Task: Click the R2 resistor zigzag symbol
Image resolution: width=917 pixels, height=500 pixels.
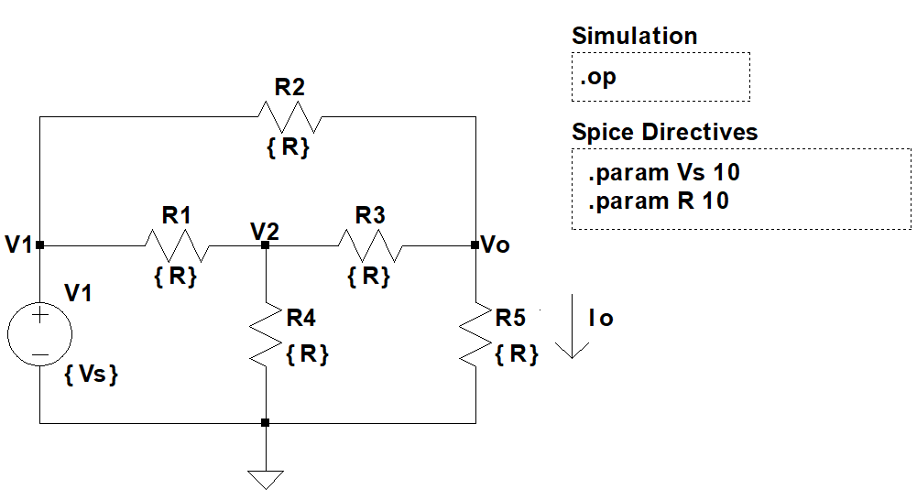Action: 289,116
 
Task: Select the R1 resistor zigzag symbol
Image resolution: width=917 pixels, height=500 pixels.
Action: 177,245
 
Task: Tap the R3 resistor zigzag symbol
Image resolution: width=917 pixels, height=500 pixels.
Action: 370,245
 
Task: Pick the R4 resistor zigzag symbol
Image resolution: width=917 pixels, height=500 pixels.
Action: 265,334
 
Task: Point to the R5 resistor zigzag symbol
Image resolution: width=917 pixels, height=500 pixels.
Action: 475,334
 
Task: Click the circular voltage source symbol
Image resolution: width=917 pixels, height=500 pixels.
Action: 40,334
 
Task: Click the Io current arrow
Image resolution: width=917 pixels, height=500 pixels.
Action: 572,327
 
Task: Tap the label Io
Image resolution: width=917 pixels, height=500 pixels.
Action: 601,319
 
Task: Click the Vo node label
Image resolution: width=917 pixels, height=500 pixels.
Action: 496,245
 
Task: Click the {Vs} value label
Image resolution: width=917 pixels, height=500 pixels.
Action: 92,375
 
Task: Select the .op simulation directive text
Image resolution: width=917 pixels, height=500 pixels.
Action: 598,77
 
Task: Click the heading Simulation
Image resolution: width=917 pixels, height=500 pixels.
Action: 634,37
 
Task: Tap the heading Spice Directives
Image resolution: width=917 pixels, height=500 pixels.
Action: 664,133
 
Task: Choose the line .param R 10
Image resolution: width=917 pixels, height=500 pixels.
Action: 657,201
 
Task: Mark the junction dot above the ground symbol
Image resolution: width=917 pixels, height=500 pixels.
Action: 265,423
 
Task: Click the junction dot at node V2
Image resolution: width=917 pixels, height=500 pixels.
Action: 265,245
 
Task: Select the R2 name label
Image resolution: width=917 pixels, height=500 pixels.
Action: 289,88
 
